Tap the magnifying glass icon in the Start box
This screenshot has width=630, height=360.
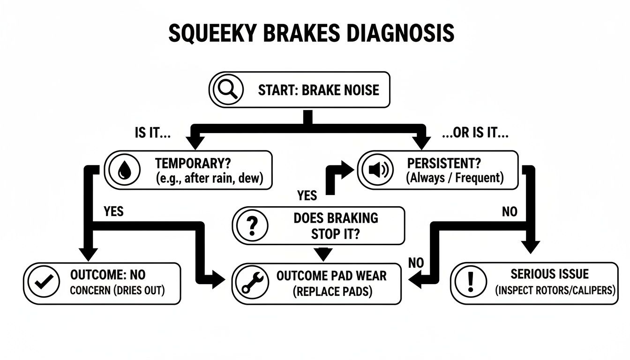[227, 89]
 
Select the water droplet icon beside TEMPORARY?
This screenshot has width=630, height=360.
[124, 170]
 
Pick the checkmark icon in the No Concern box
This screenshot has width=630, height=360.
[42, 283]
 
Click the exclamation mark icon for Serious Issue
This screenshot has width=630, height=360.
[471, 283]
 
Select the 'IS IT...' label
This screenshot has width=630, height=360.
[152, 133]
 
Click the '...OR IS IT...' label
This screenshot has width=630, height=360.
[475, 133]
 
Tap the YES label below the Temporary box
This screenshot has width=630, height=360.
[113, 211]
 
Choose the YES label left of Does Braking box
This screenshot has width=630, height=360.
[307, 195]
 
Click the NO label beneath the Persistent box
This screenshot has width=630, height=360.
[510, 212]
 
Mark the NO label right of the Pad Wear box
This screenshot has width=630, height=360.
[415, 263]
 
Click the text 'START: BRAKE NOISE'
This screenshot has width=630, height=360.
[318, 90]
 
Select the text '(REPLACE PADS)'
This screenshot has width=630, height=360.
[332, 292]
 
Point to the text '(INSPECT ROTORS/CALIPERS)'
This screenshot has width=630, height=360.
[555, 290]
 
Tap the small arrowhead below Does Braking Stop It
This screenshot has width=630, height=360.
[323, 254]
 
